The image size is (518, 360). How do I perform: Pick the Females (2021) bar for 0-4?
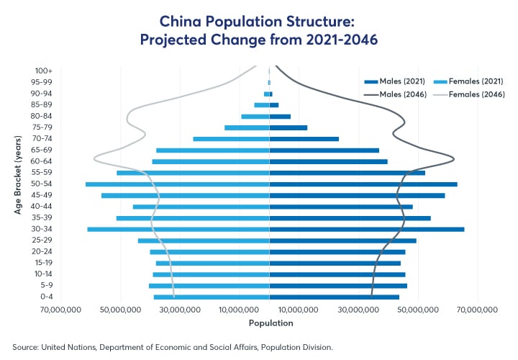click(x=212, y=297)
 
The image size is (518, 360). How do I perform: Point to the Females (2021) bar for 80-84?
click(x=255, y=116)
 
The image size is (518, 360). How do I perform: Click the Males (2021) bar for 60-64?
click(x=328, y=161)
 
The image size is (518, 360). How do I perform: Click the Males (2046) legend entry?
click(x=396, y=94)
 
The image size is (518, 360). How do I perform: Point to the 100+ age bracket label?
click(x=42, y=71)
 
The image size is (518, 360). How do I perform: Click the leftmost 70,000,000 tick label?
click(x=62, y=310)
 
